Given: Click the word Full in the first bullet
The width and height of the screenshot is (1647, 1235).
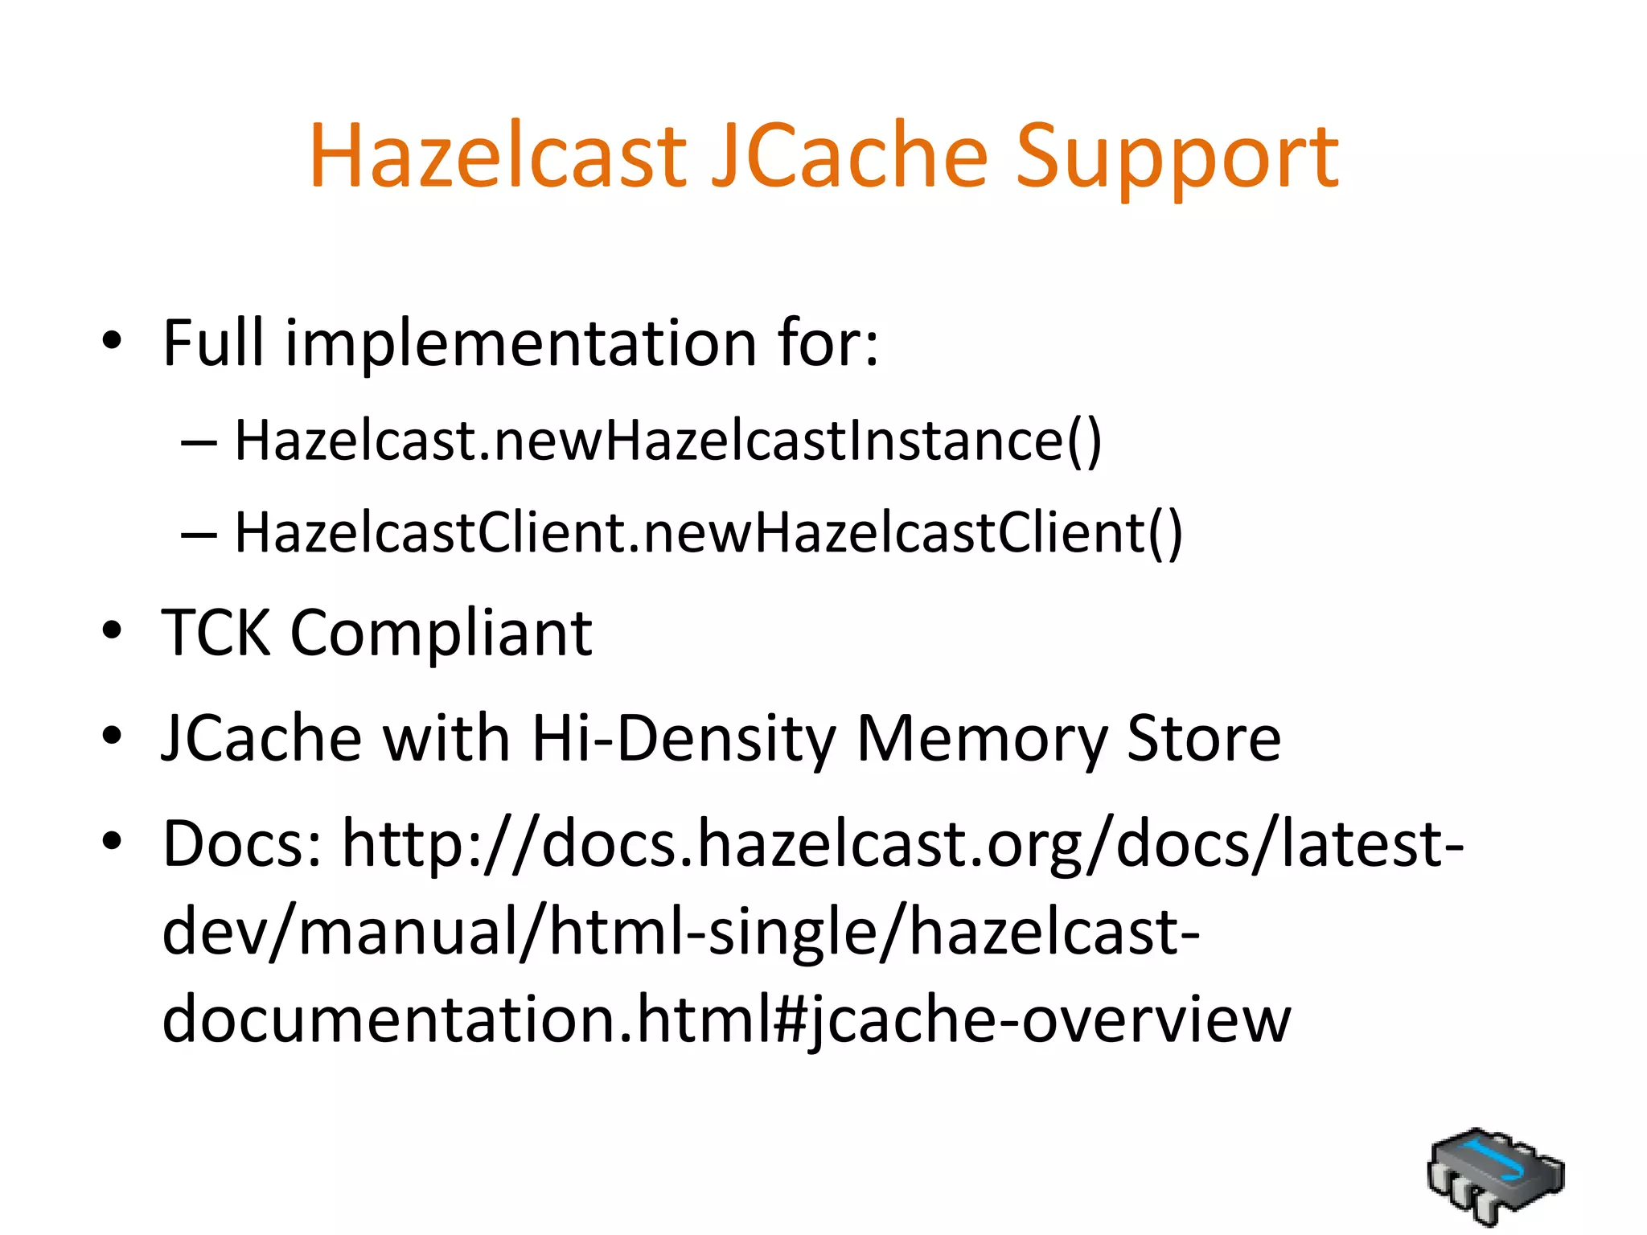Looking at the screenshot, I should point(213,343).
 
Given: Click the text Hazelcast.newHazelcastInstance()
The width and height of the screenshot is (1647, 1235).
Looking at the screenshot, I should point(667,441).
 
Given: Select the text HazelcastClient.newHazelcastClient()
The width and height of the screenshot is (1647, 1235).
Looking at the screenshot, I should point(708,533).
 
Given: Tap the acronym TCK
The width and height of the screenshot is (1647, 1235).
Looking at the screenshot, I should point(216,633).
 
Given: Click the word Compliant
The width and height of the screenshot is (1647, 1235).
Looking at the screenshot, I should point(441,633).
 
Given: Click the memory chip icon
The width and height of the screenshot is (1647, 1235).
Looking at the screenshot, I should point(1495,1176).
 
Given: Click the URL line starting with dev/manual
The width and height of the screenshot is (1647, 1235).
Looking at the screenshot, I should point(680,932).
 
